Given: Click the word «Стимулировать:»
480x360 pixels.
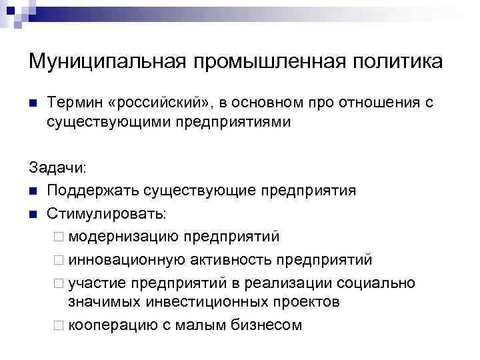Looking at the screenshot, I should (x=108, y=215).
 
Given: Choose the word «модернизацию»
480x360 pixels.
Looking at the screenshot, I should (x=123, y=237).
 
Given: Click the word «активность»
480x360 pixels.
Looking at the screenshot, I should (x=227, y=259).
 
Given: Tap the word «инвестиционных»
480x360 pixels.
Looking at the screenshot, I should (x=193, y=301).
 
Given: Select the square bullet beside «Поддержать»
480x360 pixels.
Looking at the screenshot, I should (x=33, y=192).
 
